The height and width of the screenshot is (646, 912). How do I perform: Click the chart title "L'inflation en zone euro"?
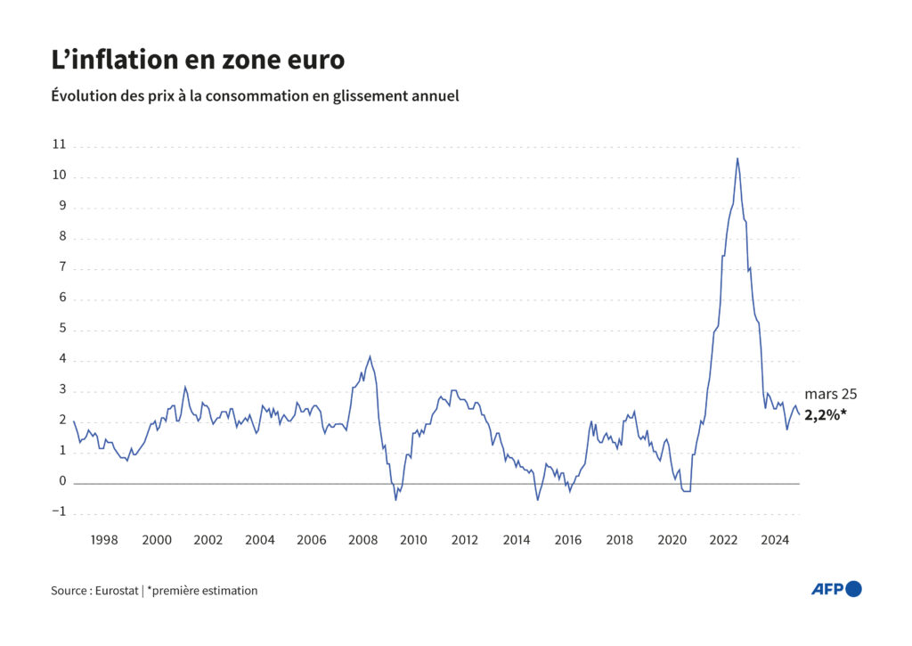coord(198,61)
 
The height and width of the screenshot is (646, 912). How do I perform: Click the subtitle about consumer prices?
coord(256,95)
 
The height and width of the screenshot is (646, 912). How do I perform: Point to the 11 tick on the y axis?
coord(60,144)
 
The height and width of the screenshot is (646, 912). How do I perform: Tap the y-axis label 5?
coord(62,329)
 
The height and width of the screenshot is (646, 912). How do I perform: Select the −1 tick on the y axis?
coord(59,512)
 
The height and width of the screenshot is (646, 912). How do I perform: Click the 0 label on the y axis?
coord(62,482)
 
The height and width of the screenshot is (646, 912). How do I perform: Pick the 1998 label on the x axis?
coord(105,539)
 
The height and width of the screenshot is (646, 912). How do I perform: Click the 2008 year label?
coord(362,539)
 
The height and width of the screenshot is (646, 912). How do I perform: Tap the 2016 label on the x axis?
coord(569,539)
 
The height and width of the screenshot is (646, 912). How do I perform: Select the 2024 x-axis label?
coord(775,539)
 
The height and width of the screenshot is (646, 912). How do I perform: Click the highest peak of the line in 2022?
coord(737,159)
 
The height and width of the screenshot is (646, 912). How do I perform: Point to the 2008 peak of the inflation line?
coord(370,356)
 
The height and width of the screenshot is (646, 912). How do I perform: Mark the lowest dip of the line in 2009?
coord(396,499)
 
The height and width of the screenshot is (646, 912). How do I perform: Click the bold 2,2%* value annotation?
coord(825,414)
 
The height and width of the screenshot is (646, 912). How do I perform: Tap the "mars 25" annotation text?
coord(831,394)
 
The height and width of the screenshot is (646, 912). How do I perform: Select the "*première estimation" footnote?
coord(202,590)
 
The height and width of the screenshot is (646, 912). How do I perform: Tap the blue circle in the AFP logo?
coord(853,588)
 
